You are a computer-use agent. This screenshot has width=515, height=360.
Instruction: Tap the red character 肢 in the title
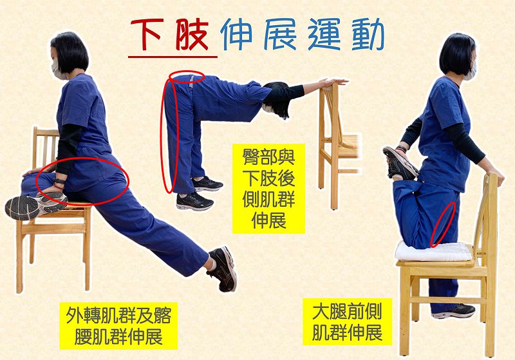[192, 34]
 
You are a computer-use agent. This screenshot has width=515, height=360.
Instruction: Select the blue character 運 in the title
[324, 34]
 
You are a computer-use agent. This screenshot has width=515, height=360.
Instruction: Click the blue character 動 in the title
[368, 34]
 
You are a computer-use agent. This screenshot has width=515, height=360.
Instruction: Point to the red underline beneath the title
[173, 57]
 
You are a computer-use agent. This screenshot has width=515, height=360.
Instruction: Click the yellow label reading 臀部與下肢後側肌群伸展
[268, 189]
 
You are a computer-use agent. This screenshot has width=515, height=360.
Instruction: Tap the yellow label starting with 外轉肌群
[118, 325]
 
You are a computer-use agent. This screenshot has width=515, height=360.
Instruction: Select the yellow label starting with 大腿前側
[347, 321]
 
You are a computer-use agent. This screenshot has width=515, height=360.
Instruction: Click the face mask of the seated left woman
[57, 70]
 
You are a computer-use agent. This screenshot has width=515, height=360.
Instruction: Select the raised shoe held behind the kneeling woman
[400, 163]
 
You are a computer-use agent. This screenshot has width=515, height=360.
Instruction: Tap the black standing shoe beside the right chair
[454, 312]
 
